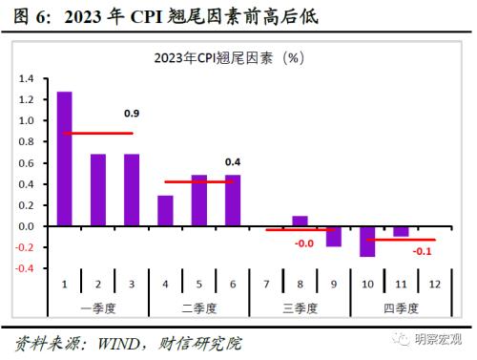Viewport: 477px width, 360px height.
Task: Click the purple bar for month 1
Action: (65, 159)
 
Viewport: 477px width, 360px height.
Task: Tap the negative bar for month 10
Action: (366, 241)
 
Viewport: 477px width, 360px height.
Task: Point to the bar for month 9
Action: (333, 236)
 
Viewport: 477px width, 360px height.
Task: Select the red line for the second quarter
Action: (198, 181)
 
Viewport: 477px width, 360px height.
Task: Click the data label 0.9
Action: (133, 114)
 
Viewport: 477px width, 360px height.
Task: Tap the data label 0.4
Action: (233, 161)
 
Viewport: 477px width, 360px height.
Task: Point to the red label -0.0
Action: (303, 244)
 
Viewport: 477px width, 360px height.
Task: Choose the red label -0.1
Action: (421, 252)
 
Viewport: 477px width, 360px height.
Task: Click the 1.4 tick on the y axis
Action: (26, 79)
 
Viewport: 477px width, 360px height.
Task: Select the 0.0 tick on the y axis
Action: (26, 226)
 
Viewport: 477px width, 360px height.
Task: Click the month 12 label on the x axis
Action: (434, 285)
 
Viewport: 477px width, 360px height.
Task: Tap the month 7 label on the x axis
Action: (265, 285)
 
